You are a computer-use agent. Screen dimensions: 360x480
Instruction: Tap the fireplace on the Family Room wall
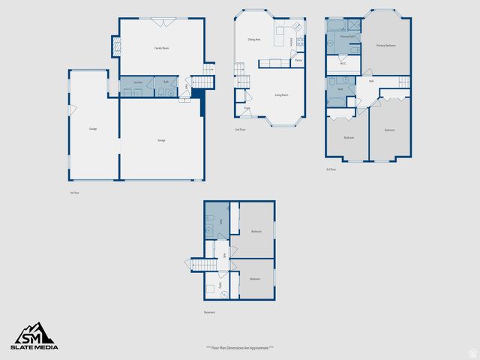(x=115, y=46)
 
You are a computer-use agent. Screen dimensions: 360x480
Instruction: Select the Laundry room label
(x=138, y=82)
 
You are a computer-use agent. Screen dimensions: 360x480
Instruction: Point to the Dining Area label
(x=254, y=39)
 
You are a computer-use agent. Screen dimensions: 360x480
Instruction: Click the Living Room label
(x=282, y=95)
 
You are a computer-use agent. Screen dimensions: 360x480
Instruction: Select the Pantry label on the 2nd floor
(x=298, y=60)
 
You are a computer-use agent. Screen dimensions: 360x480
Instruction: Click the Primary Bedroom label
(x=385, y=46)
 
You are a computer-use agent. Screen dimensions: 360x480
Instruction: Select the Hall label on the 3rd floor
(x=371, y=81)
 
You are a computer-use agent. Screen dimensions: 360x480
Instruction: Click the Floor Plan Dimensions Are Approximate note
(x=239, y=349)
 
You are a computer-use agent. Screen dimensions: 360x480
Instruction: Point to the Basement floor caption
(x=209, y=312)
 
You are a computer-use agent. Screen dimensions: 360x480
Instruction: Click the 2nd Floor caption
(x=239, y=130)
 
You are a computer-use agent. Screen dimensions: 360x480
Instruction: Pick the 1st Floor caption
(x=73, y=193)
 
